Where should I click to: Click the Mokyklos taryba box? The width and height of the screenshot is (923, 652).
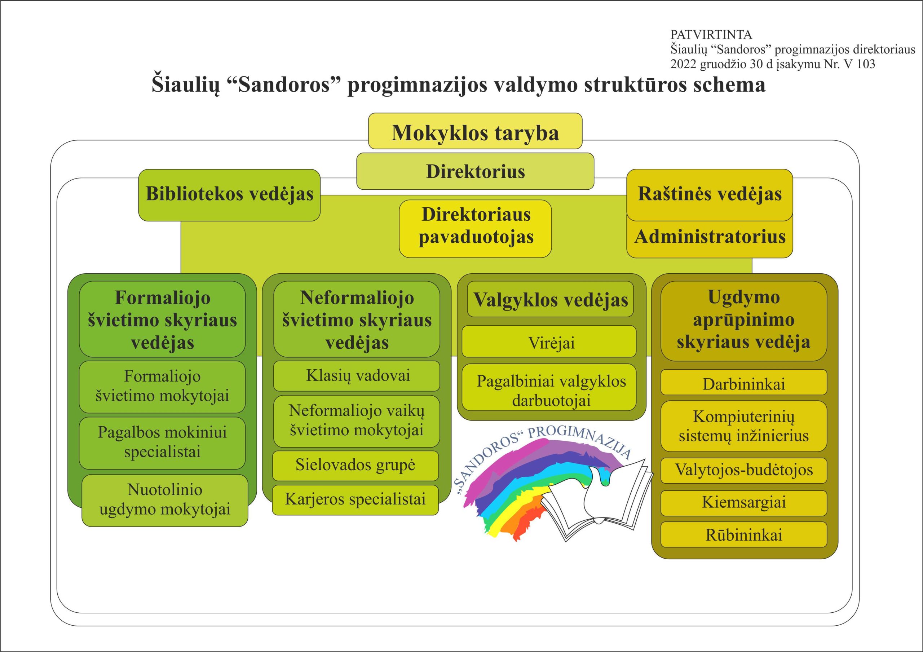[475, 131]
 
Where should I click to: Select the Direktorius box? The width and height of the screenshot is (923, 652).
[475, 171]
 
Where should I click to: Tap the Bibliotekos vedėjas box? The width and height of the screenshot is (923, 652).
[229, 195]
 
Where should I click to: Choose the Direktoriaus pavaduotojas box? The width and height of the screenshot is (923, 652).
[475, 229]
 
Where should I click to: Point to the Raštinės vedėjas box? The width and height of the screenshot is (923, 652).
[710, 195]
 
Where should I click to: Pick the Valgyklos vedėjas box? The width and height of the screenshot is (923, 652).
[550, 299]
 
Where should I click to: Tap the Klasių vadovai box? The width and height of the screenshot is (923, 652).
[357, 376]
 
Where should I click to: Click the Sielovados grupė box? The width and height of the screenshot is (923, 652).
[355, 466]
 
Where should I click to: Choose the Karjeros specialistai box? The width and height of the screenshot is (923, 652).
[355, 500]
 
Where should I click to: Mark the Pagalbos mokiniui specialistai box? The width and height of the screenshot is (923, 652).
[162, 443]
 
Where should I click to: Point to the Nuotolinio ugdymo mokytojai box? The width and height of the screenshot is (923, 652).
[165, 501]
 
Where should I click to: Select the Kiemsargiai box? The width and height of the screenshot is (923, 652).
[744, 503]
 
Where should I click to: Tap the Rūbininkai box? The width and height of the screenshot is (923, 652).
[744, 535]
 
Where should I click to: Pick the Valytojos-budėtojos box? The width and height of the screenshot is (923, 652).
[744, 470]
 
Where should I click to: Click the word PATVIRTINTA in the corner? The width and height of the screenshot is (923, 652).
[711, 35]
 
